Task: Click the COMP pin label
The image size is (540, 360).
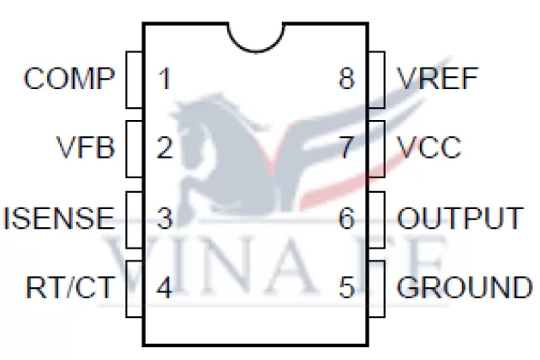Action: tap(69, 79)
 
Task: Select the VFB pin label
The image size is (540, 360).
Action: tap(85, 148)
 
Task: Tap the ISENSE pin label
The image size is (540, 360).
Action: tap(59, 218)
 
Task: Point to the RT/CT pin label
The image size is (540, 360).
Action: tap(69, 287)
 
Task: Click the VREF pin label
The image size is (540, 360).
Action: tap(438, 79)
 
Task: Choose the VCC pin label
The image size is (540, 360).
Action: tap(429, 148)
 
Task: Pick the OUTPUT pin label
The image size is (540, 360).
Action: tap(459, 218)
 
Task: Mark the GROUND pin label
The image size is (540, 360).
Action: tap(464, 287)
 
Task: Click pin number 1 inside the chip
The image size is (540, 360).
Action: tap(165, 79)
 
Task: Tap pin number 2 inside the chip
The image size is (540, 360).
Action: tap(165, 148)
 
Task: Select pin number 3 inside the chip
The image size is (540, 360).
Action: tap(165, 218)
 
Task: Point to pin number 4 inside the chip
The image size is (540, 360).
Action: tap(165, 287)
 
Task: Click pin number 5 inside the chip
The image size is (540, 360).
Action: tap(346, 287)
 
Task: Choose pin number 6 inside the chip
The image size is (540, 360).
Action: tap(346, 218)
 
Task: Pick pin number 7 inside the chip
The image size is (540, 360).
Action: tap(346, 148)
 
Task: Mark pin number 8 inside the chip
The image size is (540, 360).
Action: tap(346, 79)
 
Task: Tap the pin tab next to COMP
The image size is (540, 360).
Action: tap(134, 79)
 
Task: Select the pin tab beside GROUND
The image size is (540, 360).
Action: tap(378, 287)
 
